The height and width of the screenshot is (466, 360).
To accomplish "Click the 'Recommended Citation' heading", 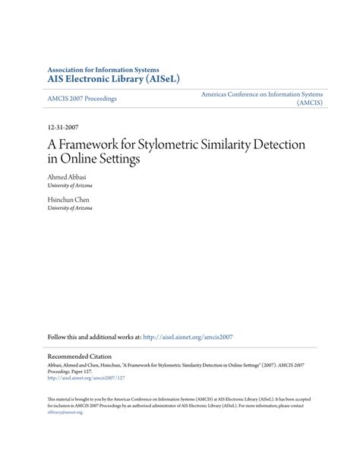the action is click(x=79, y=356).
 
